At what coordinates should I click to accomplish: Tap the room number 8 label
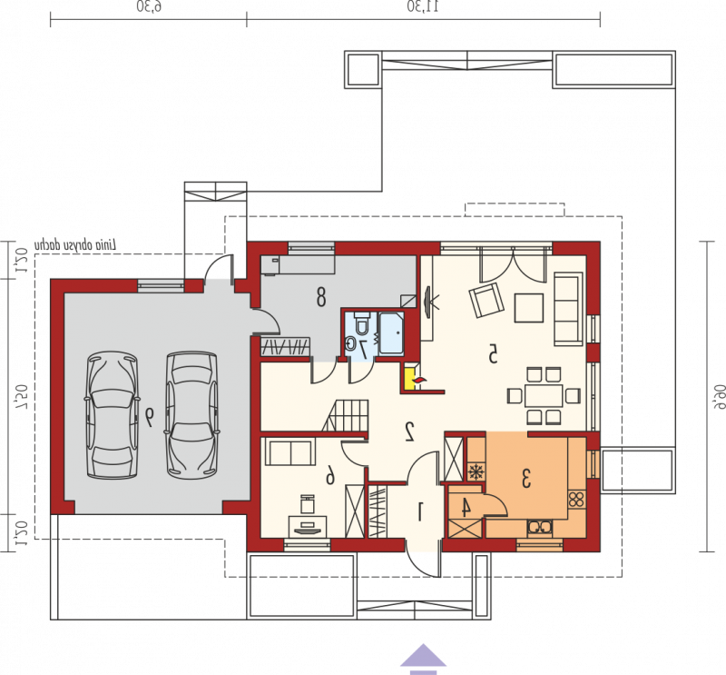click(x=321, y=297)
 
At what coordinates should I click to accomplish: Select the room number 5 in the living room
click(x=493, y=354)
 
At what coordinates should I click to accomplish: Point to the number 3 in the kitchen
click(x=526, y=479)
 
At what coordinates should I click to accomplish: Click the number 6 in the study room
click(x=329, y=475)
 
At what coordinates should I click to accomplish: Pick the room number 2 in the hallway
click(x=410, y=432)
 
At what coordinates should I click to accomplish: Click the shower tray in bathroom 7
click(x=391, y=333)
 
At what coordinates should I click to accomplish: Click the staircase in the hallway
click(x=346, y=416)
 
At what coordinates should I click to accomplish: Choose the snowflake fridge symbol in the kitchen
click(x=475, y=472)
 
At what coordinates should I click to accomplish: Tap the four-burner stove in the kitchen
click(x=576, y=500)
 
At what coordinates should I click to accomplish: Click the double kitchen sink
click(x=540, y=527)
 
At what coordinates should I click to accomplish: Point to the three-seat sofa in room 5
click(x=569, y=309)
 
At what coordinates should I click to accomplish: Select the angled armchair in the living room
click(x=486, y=300)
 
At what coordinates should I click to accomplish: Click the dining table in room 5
click(x=544, y=395)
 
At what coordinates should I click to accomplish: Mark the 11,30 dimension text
click(x=423, y=7)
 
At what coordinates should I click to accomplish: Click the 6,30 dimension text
click(x=149, y=7)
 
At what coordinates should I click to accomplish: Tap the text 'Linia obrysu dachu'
click(x=76, y=245)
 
